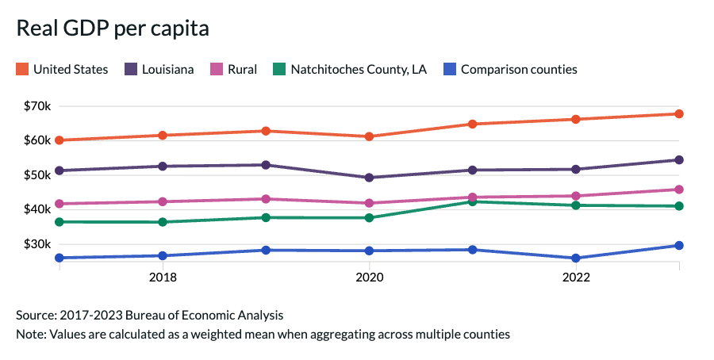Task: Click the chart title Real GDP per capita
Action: click(x=113, y=29)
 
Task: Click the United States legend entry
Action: click(x=62, y=70)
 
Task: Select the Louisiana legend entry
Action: click(x=159, y=70)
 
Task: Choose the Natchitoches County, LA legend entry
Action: click(x=350, y=70)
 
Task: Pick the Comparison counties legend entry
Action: click(x=510, y=70)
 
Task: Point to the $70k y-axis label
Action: click(x=36, y=106)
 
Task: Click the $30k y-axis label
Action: click(x=36, y=243)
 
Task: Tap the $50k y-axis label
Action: click(x=36, y=174)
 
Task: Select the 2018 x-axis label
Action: click(x=163, y=278)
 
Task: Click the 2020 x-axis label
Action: click(x=369, y=278)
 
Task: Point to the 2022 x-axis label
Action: click(x=575, y=278)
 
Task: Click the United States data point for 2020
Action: click(x=369, y=136)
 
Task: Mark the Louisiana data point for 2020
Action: click(x=369, y=178)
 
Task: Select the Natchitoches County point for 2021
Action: click(x=472, y=201)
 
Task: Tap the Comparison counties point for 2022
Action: click(x=575, y=259)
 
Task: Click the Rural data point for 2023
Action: click(x=679, y=190)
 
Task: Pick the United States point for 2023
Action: click(x=679, y=114)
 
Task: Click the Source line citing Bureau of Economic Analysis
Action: click(x=149, y=315)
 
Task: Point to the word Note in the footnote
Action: click(x=29, y=334)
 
